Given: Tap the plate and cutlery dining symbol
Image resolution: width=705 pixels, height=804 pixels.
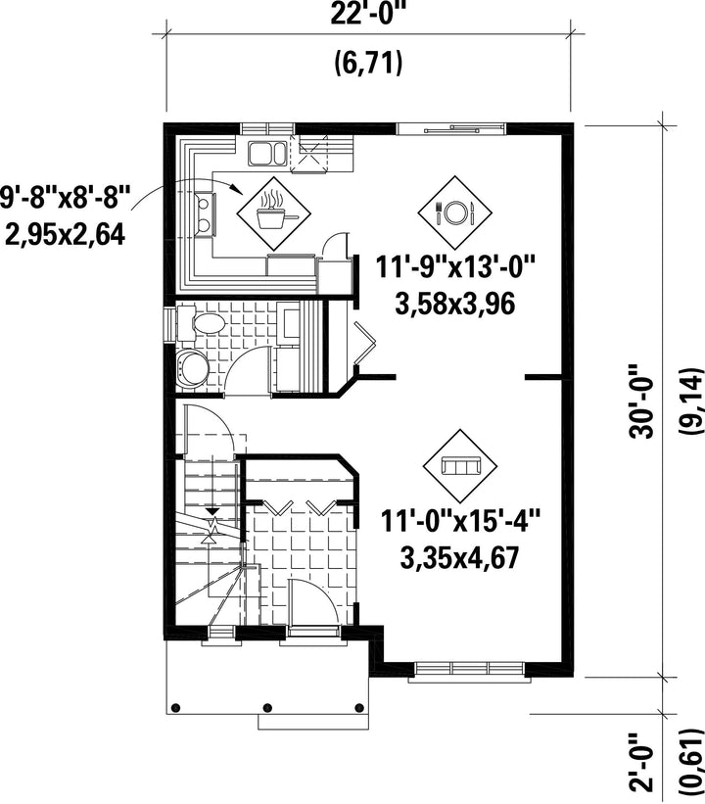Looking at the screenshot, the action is coord(454,213).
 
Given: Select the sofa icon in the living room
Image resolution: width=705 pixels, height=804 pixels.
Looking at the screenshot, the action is coord(460,466).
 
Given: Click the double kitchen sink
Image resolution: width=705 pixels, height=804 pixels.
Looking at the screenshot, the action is coord(266,154).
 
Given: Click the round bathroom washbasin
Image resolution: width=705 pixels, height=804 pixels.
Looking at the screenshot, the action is coord(192,367).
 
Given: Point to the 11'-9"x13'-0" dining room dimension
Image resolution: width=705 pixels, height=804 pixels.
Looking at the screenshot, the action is coord(455,268).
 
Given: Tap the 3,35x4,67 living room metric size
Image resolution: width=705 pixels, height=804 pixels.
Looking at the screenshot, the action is coord(460,557).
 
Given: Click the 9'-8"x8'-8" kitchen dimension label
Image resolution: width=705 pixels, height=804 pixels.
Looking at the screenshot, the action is coord(62,198).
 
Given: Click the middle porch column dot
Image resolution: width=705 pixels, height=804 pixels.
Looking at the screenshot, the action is coord(267,708).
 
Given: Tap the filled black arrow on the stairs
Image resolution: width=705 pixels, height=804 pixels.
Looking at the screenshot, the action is coord(212,512).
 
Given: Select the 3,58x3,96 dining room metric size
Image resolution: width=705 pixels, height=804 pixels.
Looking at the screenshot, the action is coord(455,305).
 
